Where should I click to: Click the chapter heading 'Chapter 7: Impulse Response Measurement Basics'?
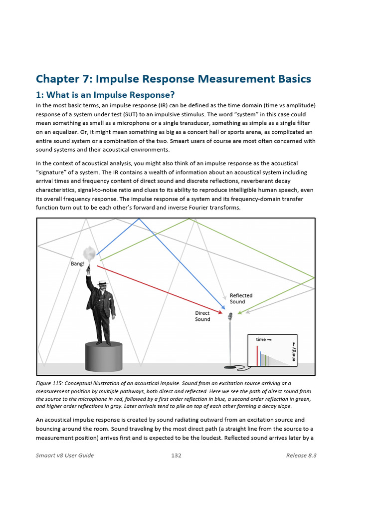point(173,79)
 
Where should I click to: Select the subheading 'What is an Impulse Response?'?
point(110,95)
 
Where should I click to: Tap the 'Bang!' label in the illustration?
point(78,263)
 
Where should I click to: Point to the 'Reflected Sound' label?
point(241,298)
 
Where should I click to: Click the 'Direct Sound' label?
point(202,316)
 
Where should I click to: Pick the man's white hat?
point(102,283)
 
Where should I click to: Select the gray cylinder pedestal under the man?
point(104,356)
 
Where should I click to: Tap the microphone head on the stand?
point(230,316)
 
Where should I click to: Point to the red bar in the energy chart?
point(257,355)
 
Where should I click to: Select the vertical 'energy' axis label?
point(294,352)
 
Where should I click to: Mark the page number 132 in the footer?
point(176,455)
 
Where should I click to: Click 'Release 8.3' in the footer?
point(301,455)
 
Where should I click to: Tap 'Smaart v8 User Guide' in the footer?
point(65,455)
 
